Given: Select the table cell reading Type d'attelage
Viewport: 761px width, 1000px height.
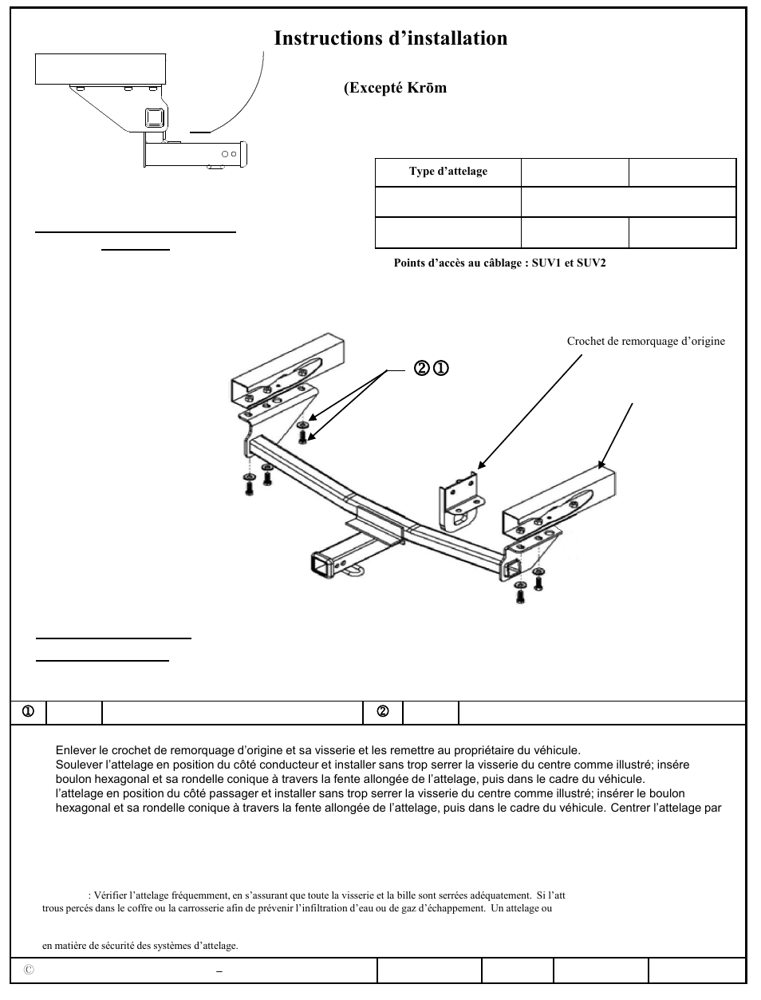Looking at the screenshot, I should (x=448, y=172).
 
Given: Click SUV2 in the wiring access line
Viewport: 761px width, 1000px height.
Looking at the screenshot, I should (x=590, y=263).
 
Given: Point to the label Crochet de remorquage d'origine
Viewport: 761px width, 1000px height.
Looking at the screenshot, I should (x=645, y=342).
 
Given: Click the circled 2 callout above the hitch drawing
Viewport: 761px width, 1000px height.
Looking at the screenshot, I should (x=421, y=368).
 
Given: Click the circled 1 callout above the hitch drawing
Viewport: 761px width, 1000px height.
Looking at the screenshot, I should (x=440, y=368).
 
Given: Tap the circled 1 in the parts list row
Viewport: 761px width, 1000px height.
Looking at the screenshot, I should (x=27, y=712).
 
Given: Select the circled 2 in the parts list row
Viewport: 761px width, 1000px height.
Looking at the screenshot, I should (x=382, y=712).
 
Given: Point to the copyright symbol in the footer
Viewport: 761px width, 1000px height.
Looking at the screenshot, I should (x=29, y=970).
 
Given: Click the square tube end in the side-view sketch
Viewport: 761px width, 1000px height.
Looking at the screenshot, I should (x=152, y=119).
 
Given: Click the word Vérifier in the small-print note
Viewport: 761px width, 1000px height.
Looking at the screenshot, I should (x=112, y=896).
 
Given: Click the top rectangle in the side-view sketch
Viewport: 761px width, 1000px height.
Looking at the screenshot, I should (x=101, y=69).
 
